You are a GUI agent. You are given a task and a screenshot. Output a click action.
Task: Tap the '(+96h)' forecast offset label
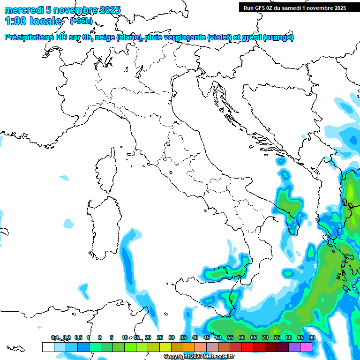click(x=82, y=21)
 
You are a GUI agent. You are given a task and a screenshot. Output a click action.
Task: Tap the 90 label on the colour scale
click(x=312, y=337)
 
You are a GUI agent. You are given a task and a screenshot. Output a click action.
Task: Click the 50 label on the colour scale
click(x=218, y=337)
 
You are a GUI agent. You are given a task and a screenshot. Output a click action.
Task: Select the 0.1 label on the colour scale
click(x=55, y=337)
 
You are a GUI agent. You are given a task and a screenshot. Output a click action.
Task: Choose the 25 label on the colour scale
click(x=160, y=337)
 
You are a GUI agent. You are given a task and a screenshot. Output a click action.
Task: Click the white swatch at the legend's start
click(x=48, y=347)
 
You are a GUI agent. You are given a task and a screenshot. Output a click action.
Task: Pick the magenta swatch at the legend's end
click(x=306, y=347)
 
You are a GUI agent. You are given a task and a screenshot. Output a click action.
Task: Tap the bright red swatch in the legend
click(x=247, y=347)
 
